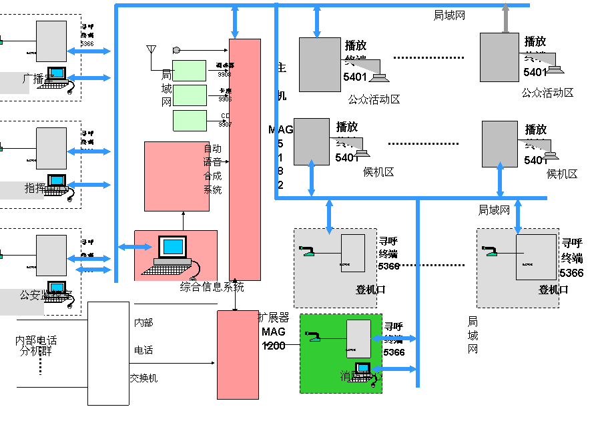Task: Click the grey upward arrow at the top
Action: (x=505, y=17)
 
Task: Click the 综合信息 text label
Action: (x=200, y=287)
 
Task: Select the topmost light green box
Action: (x=189, y=71)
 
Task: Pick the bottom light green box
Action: (x=190, y=121)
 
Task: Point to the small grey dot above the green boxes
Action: (x=176, y=50)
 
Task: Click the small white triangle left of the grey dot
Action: (x=152, y=49)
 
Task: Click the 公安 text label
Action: (x=31, y=294)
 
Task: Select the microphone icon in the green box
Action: (x=312, y=336)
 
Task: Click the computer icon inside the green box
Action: (x=363, y=369)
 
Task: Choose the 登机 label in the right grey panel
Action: (x=548, y=290)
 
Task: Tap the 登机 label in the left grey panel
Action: (x=365, y=290)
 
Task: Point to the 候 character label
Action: (x=366, y=171)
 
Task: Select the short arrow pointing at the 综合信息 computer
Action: (x=135, y=247)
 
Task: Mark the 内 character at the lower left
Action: (x=22, y=341)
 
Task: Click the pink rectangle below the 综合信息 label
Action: (x=238, y=355)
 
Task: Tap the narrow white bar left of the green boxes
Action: (x=131, y=111)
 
